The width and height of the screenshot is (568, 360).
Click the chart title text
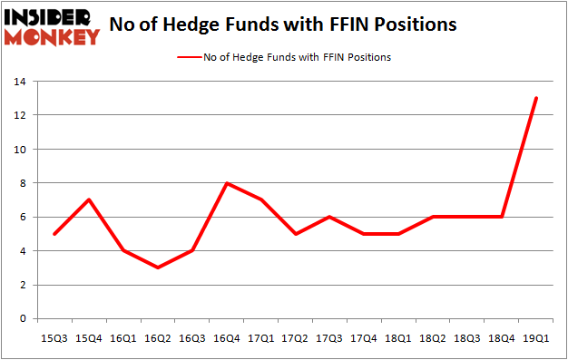tap(282, 25)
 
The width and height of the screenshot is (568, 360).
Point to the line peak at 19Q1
tap(535, 98)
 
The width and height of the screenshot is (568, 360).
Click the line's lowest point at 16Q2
tap(158, 268)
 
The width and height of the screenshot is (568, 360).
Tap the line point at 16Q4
tap(226, 183)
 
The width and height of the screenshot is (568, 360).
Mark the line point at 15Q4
tap(90, 199)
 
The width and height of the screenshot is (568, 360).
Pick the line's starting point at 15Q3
tap(56, 234)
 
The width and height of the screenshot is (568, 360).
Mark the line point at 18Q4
tap(501, 217)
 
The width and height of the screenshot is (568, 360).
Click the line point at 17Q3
tap(329, 217)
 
